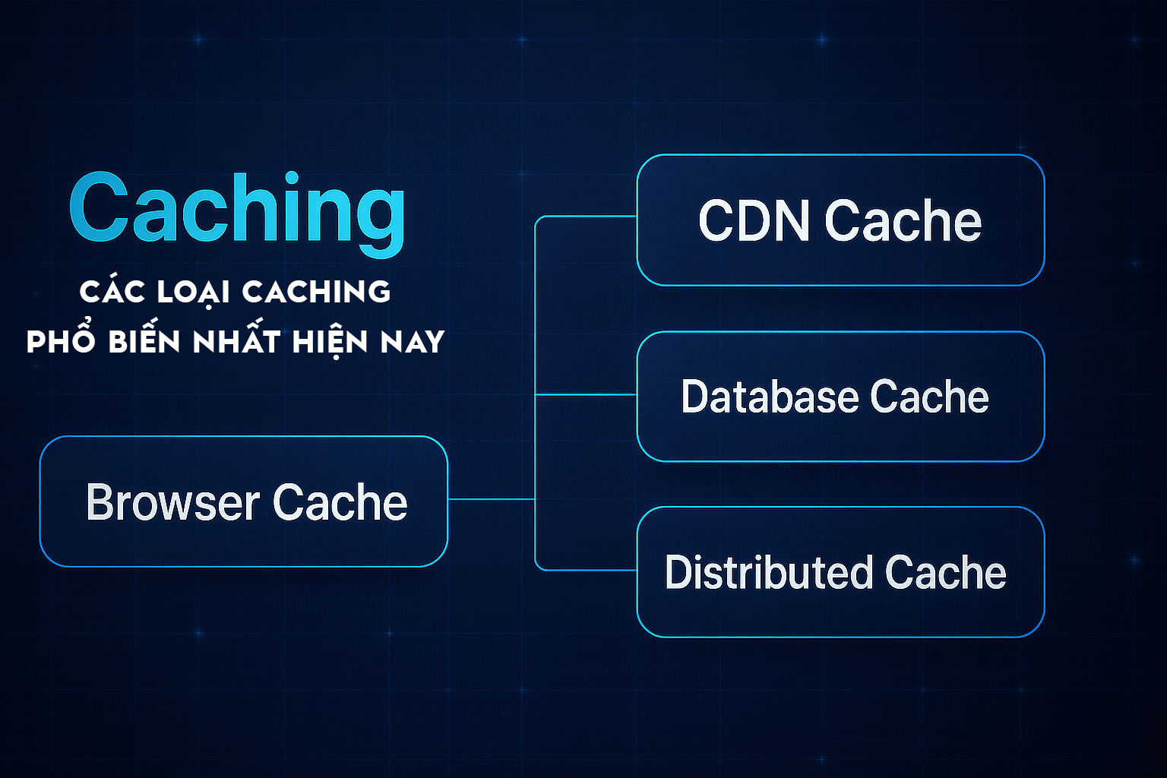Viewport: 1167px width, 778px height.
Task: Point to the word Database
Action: point(769,397)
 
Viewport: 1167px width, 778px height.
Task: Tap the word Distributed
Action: point(768,572)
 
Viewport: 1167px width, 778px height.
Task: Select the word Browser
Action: point(172,502)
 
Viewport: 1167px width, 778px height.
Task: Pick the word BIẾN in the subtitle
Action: point(144,341)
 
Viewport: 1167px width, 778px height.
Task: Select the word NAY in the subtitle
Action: point(413,341)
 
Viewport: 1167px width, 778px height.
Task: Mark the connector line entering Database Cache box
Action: point(586,394)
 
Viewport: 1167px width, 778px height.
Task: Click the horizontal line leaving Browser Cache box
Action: point(491,498)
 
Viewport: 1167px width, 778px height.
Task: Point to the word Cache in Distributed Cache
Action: point(945,572)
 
